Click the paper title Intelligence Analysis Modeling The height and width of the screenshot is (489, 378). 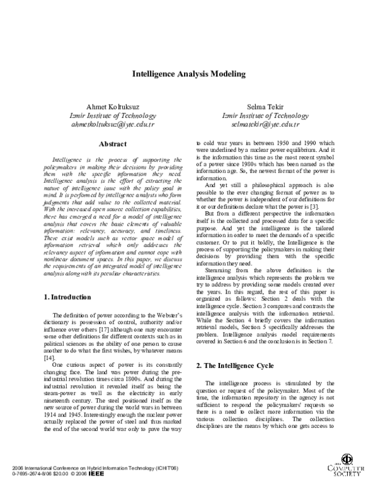[x=188, y=74]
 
